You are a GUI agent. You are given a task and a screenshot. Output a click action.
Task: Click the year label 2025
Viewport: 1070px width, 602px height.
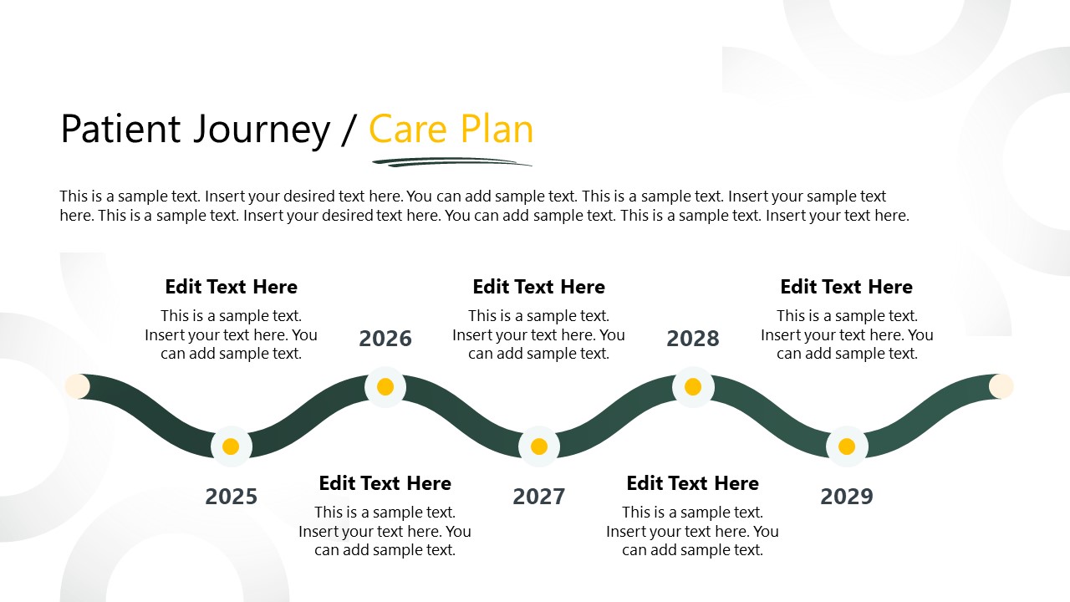231,497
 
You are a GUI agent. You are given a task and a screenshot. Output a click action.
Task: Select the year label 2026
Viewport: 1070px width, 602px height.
385,339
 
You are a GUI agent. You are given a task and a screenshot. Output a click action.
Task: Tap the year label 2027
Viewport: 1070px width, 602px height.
539,497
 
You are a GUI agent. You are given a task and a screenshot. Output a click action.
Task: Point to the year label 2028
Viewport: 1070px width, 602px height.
693,339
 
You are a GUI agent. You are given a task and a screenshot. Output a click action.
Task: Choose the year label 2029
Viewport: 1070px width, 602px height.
847,497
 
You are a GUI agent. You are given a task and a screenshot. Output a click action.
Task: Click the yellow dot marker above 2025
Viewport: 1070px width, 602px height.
232,446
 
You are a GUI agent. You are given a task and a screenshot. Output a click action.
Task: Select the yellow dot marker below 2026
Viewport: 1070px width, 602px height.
385,387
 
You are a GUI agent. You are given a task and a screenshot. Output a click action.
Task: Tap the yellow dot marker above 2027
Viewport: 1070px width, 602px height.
539,446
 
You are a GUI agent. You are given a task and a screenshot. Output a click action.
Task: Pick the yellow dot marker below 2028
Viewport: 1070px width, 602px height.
693,387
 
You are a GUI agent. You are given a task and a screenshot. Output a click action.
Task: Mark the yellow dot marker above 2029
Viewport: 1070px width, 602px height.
847,446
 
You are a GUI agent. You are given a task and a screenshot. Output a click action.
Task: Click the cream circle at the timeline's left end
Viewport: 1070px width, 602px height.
77,385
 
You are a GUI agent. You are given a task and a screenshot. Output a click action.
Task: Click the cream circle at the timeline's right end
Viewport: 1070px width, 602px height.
1001,385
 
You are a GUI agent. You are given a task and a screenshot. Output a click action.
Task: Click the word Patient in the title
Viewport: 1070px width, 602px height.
120,130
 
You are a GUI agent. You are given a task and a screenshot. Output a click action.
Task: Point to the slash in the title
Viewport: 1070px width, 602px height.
349,130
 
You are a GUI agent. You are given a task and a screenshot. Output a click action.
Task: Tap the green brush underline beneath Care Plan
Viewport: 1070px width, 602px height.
451,161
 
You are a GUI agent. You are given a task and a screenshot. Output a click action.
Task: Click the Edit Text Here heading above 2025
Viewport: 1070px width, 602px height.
231,287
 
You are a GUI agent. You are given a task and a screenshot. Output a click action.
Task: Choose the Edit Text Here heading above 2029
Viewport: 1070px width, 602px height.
846,287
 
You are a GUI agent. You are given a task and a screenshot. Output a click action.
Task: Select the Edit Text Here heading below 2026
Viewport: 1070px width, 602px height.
385,483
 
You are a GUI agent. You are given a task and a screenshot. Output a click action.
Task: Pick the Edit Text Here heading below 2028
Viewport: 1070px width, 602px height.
692,483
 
